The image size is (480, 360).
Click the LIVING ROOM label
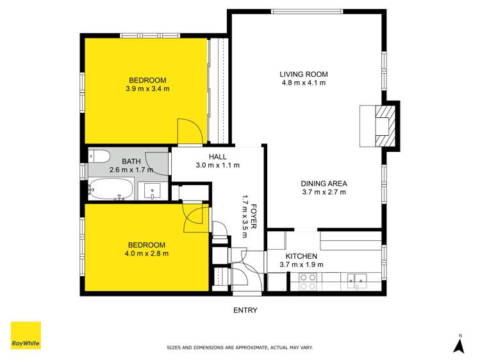click(x=303, y=74)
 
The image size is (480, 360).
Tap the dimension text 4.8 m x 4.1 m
click(x=303, y=83)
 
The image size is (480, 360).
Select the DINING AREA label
click(x=324, y=183)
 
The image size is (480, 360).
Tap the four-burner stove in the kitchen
click(x=308, y=281)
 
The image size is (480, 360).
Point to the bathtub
click(x=111, y=189)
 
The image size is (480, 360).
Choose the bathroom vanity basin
click(x=152, y=190)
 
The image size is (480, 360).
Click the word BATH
click(x=131, y=161)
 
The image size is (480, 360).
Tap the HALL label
click(x=217, y=156)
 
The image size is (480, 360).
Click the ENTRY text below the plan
click(x=245, y=310)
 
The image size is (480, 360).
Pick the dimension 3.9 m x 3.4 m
click(x=148, y=89)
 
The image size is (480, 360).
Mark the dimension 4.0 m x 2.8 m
click(x=147, y=254)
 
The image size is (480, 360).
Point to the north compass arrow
click(x=458, y=345)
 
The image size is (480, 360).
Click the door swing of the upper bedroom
click(x=187, y=131)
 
